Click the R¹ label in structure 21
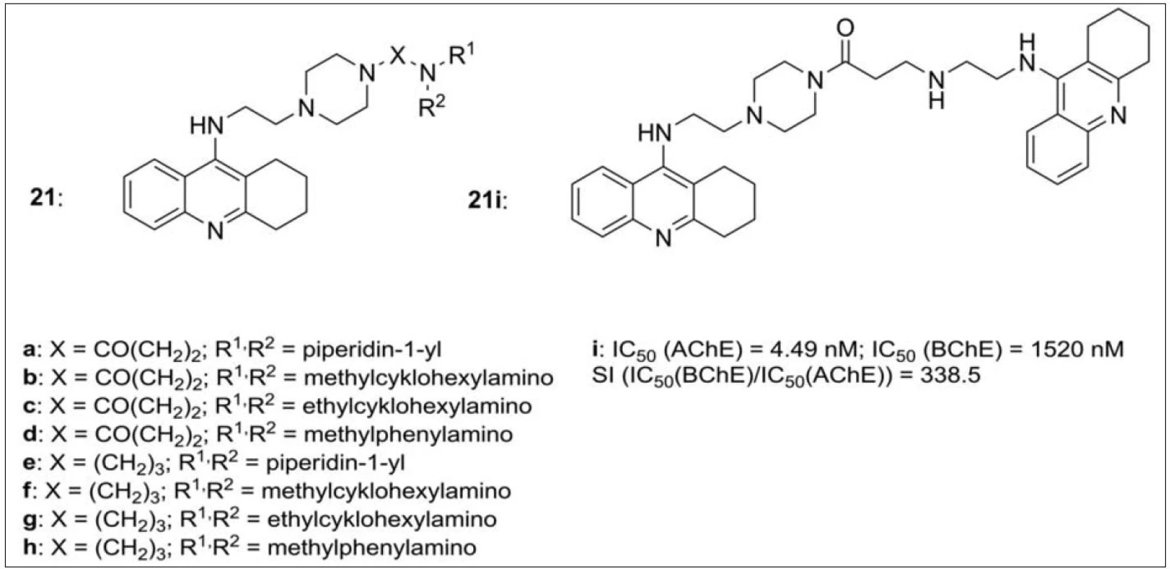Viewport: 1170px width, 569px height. (x=462, y=56)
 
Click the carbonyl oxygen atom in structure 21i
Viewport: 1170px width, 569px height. (x=845, y=28)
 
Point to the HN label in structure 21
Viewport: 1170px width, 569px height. (x=207, y=126)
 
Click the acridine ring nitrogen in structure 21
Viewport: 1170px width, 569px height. (x=215, y=230)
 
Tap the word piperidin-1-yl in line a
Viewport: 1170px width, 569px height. (x=372, y=349)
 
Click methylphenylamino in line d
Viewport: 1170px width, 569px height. (x=408, y=435)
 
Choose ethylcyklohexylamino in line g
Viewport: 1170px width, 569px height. (x=382, y=519)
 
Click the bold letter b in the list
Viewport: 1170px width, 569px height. (x=28, y=378)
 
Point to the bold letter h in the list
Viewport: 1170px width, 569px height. (x=28, y=548)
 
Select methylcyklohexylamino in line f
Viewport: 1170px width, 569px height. (x=386, y=491)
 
